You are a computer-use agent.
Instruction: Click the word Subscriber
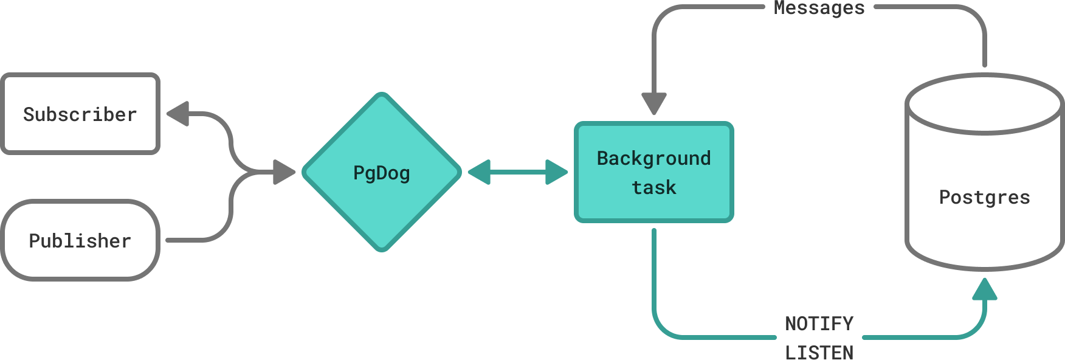(x=80, y=114)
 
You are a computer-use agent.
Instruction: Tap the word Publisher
(x=80, y=241)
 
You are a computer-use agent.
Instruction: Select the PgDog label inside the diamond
(x=382, y=173)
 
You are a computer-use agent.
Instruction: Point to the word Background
(x=653, y=158)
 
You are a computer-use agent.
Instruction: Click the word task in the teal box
(x=653, y=187)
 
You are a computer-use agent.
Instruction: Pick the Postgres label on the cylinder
(x=984, y=197)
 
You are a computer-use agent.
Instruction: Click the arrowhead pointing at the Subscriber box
(x=178, y=113)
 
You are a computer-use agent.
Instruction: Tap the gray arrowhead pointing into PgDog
(x=283, y=172)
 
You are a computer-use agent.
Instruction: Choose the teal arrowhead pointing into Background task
(x=556, y=172)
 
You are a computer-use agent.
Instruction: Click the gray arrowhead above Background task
(x=654, y=103)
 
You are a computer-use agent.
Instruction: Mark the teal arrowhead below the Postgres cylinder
(x=984, y=290)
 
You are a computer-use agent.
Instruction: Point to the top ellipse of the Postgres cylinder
(x=984, y=103)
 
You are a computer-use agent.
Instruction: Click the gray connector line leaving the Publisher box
(x=188, y=240)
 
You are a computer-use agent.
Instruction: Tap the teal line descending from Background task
(x=654, y=274)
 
